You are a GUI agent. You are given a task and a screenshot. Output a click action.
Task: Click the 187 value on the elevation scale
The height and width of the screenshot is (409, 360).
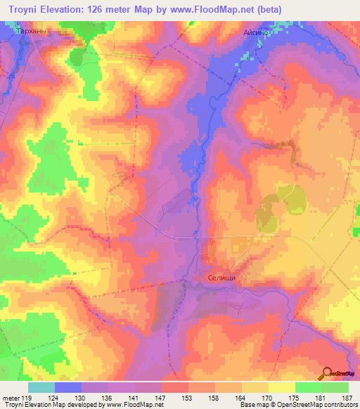point(348,397)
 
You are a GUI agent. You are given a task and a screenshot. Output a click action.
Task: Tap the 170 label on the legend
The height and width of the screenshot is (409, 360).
point(268,397)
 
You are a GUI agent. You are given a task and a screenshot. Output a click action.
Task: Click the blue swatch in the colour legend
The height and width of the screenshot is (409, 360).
point(67,387)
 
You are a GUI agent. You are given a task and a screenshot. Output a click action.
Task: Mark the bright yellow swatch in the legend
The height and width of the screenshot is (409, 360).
point(281,387)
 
